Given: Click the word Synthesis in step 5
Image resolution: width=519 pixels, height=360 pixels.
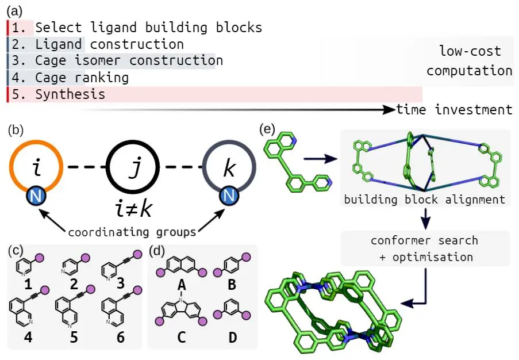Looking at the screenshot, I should [70, 94].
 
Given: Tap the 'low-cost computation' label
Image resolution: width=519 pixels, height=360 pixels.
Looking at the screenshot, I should [469, 61].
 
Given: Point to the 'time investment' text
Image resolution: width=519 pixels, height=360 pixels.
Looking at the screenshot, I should [453, 109].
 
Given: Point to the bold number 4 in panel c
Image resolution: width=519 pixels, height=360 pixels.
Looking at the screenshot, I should [28, 337].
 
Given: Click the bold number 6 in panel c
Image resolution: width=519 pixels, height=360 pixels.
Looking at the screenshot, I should [120, 337].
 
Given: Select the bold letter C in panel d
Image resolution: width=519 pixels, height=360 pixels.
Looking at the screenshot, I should [181, 338].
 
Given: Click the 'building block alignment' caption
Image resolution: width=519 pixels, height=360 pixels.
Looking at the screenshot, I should [424, 200].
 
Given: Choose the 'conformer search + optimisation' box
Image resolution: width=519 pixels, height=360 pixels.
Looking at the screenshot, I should [425, 248].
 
